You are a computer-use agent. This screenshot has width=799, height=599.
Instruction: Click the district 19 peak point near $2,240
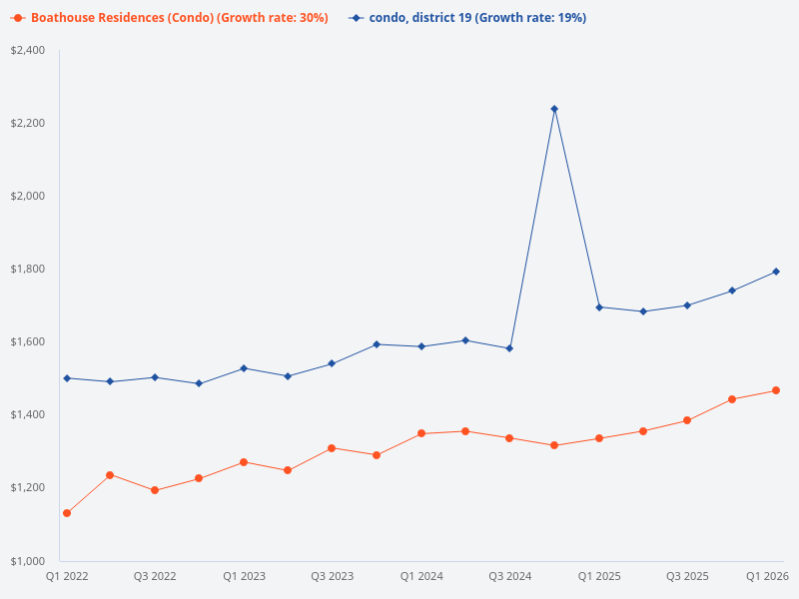pos(554,109)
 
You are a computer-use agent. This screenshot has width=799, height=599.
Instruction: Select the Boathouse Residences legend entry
pos(170,18)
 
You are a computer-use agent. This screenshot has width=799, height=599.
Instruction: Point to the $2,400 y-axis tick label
pos(28,50)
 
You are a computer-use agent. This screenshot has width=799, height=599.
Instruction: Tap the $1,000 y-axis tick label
pos(28,560)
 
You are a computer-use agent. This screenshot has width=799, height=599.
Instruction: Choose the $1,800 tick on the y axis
pos(28,269)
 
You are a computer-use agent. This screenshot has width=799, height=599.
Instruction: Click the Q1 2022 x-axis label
pos(67,576)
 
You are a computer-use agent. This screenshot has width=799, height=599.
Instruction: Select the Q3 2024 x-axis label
pos(509,576)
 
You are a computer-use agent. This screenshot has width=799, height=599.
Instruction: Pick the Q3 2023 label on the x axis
pos(333,576)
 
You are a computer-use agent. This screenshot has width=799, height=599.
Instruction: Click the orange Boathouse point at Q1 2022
pos(67,513)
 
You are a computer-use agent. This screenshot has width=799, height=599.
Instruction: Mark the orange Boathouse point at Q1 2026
pos(776,390)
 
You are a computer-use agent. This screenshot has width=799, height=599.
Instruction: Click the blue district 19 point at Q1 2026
pos(776,272)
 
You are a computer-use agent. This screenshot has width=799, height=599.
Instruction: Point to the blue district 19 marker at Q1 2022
pos(67,378)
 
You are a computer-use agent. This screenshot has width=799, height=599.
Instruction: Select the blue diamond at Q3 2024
pos(509,348)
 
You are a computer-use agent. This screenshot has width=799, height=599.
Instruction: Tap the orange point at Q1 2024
pos(421,433)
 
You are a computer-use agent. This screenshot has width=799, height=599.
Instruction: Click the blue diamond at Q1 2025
pos(599,307)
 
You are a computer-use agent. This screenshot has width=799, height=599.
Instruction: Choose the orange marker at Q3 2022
pos(155,490)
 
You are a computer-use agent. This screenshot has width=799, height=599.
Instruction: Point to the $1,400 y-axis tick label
pos(28,414)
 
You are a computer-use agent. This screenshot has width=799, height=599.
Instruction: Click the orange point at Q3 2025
pos(687,420)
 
